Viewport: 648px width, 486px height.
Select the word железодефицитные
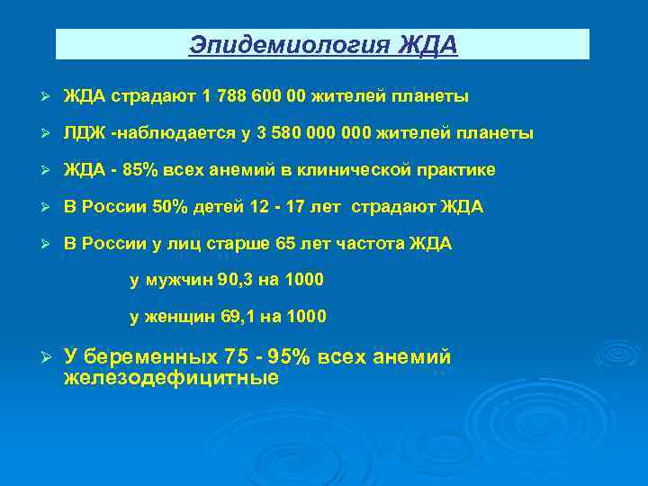171,378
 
